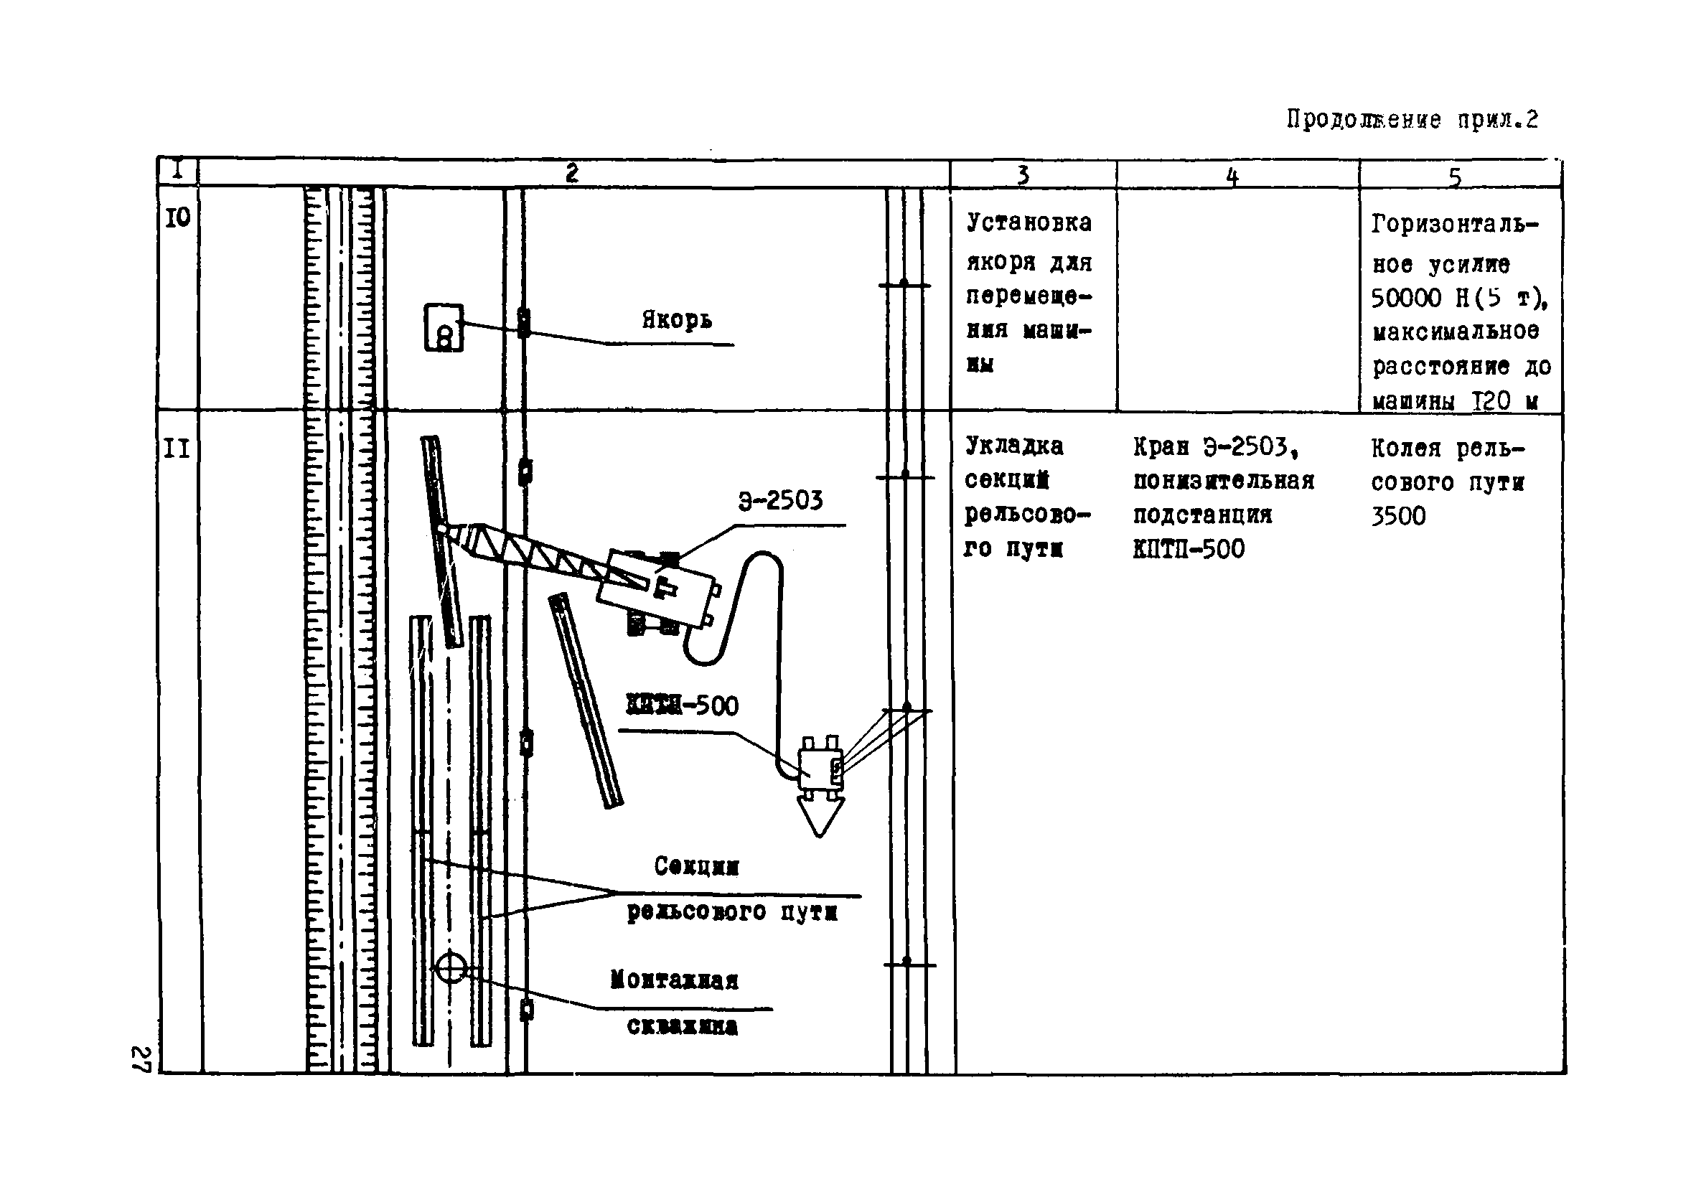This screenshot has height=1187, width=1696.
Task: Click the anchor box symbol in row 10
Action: pos(444,327)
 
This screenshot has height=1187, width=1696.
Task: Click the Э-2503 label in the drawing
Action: pos(780,501)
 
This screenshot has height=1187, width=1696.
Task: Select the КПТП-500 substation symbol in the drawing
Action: pos(819,767)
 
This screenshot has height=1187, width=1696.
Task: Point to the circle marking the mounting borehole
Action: pos(451,967)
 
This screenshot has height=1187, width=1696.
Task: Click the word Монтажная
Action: pos(674,980)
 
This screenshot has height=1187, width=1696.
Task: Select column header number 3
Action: pos(1023,175)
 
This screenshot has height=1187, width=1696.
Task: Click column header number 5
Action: pos(1454,177)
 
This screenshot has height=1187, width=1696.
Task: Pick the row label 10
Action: pos(177,217)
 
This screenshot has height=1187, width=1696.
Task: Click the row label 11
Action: pos(177,449)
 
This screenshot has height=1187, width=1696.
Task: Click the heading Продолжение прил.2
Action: pos(1412,120)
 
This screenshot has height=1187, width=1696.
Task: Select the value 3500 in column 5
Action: pos(1397,516)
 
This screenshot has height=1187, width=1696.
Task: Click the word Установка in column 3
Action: pos(1029,222)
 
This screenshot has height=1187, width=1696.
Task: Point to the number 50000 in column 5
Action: pos(1407,298)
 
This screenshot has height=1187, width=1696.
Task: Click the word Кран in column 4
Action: pos(1161,447)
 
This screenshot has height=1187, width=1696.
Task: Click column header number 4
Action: pos(1232,177)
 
